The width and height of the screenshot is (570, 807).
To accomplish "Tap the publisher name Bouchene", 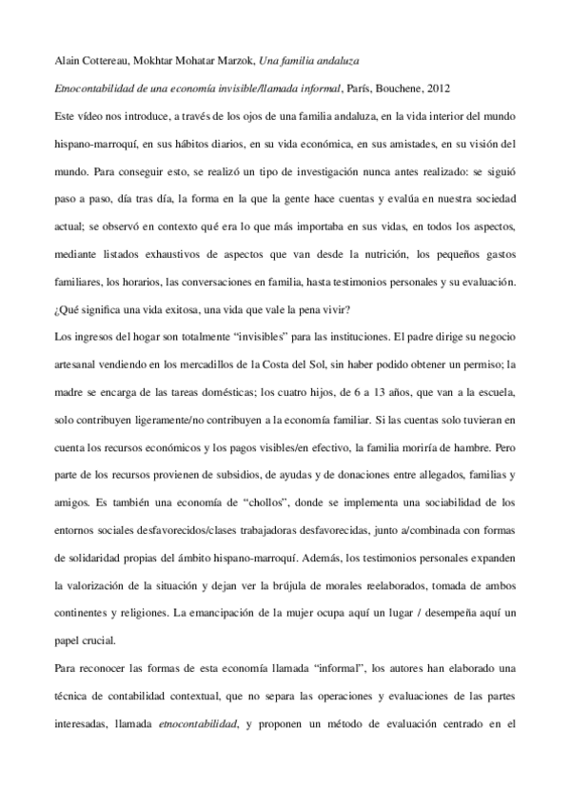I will click(398, 88).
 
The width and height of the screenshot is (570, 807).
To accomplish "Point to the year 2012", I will click(439, 88).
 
